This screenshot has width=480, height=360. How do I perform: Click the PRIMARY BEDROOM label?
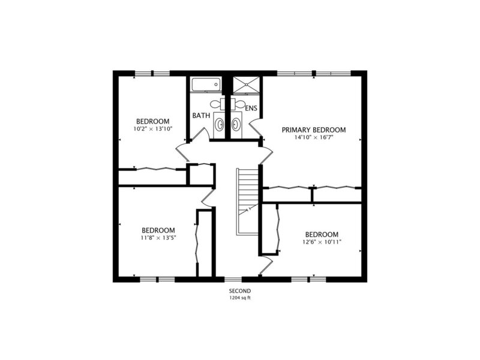(314, 130)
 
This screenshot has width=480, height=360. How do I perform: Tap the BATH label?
(201, 115)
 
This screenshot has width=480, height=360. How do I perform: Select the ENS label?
(251, 108)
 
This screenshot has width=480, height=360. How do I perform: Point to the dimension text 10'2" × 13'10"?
(153, 129)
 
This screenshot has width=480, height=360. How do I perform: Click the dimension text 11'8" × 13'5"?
(158, 238)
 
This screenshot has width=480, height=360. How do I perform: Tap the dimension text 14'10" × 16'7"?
(314, 137)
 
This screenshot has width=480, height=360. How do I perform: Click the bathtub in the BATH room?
(206, 85)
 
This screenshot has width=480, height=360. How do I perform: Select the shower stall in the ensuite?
(247, 85)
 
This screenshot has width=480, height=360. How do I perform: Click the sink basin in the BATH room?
(220, 125)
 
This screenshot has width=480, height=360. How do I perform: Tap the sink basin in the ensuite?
(236, 125)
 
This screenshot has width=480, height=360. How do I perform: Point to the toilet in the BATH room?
(218, 104)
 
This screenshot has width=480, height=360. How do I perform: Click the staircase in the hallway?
(247, 202)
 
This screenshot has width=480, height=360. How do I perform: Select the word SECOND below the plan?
(240, 291)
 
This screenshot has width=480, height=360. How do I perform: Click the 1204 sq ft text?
(240, 298)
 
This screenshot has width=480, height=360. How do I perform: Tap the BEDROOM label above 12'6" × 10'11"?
(322, 235)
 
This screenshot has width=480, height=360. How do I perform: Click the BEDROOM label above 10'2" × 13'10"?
(153, 121)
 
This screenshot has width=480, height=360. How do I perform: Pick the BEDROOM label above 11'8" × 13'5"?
(158, 230)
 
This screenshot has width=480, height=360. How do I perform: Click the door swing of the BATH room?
(201, 134)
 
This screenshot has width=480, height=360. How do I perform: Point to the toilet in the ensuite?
(238, 104)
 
